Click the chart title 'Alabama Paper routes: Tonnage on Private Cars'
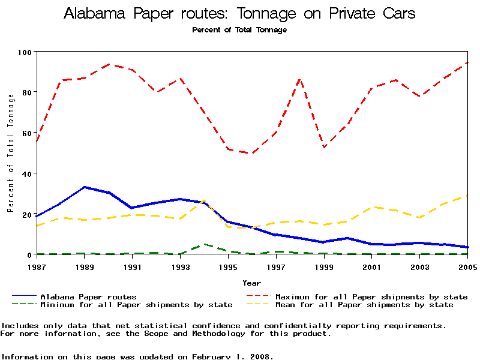click(x=239, y=14)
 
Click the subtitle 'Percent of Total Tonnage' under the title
click(x=239, y=30)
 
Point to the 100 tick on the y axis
click(x=25, y=52)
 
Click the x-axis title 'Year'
click(x=251, y=283)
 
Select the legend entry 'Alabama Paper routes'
click(x=88, y=296)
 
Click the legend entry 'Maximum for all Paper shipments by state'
click(x=371, y=296)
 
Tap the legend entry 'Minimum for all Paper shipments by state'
click(x=136, y=305)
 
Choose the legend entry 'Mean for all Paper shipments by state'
click(x=364, y=305)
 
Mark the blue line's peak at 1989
click(x=84, y=187)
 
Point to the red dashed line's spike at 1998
click(x=300, y=79)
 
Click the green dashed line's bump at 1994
click(x=204, y=244)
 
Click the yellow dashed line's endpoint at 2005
click(x=467, y=195)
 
